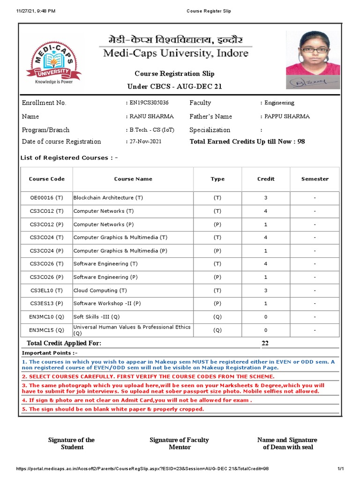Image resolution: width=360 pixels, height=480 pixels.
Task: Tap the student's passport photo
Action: [313, 53]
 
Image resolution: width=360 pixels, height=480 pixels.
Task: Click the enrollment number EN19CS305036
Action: [149, 103]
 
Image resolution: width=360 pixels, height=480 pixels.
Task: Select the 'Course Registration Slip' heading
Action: [174, 74]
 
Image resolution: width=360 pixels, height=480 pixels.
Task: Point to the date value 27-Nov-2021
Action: [145, 142]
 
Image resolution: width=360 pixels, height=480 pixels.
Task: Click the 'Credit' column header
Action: [266, 179]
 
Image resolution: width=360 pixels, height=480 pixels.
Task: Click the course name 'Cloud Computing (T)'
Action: [100, 291]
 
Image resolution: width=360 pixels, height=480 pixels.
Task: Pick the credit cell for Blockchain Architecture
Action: [266, 198]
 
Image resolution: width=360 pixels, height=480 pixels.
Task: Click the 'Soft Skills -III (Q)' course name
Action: [97, 317]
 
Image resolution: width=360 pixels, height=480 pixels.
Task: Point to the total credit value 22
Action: [265, 344]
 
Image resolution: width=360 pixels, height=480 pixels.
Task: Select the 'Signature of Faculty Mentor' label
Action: [180, 443]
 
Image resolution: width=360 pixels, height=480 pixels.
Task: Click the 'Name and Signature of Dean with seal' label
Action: [287, 443]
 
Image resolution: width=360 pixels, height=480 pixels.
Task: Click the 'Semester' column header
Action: [315, 179]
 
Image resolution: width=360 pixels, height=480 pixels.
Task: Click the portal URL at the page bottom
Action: [142, 469]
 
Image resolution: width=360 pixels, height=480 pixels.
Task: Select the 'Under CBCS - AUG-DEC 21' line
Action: [175, 87]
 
